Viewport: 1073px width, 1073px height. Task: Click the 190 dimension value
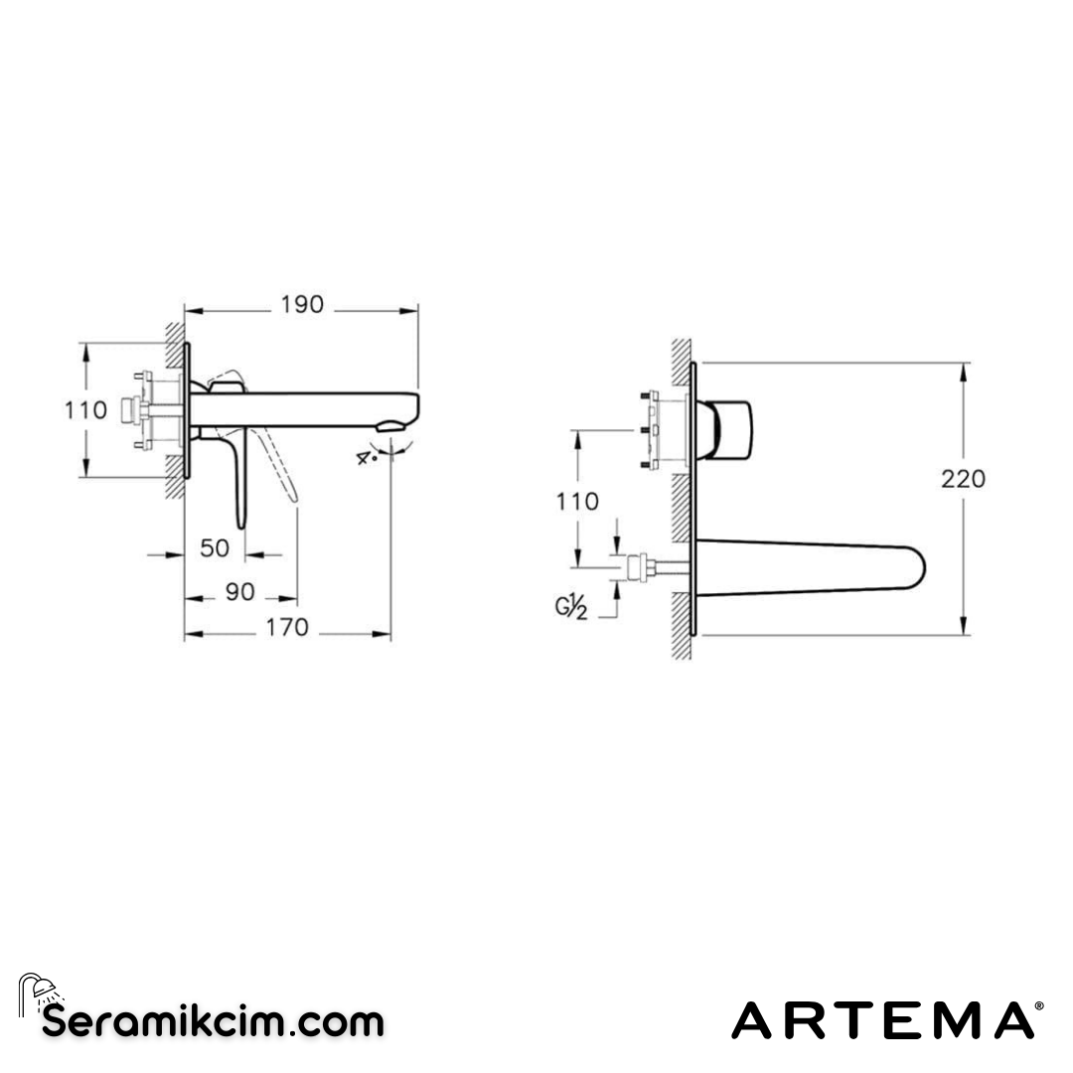pos(302,305)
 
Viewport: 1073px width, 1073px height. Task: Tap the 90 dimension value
pos(240,592)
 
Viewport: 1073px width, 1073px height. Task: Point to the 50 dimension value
pos(215,547)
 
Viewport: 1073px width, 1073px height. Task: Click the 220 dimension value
pos(963,479)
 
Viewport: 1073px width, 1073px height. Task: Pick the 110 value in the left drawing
pos(86,409)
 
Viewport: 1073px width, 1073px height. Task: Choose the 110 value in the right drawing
pos(577,502)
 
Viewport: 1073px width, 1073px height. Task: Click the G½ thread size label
pos(571,607)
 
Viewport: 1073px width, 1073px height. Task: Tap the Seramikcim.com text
pos(213,1020)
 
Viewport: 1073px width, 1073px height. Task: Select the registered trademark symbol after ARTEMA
pos(1039,1006)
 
